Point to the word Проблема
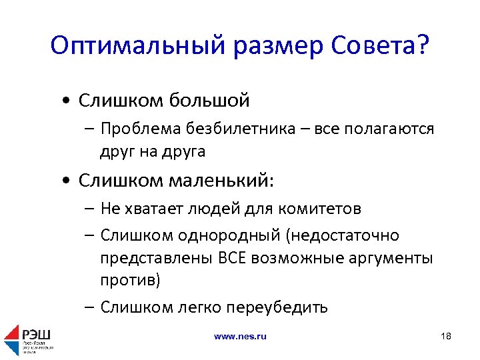pos(139,129)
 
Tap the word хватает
pos(150,209)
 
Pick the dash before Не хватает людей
pos(89,209)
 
